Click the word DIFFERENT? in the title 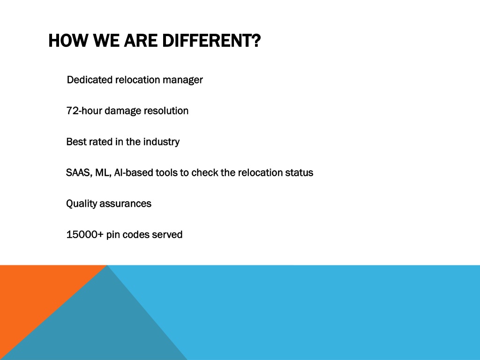[211, 41]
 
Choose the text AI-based [134, 172]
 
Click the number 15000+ [85, 234]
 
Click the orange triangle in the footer [34, 294]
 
